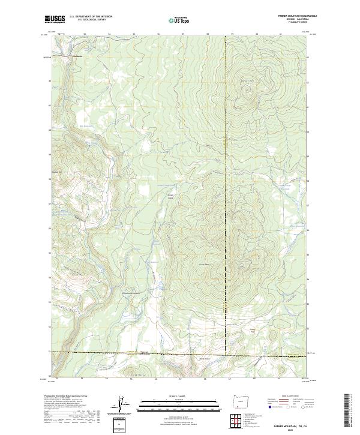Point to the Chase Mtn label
pos(202,263)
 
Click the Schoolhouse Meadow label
pos(133,293)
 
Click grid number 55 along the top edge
pos(134,35)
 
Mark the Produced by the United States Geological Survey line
pos(66,397)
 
